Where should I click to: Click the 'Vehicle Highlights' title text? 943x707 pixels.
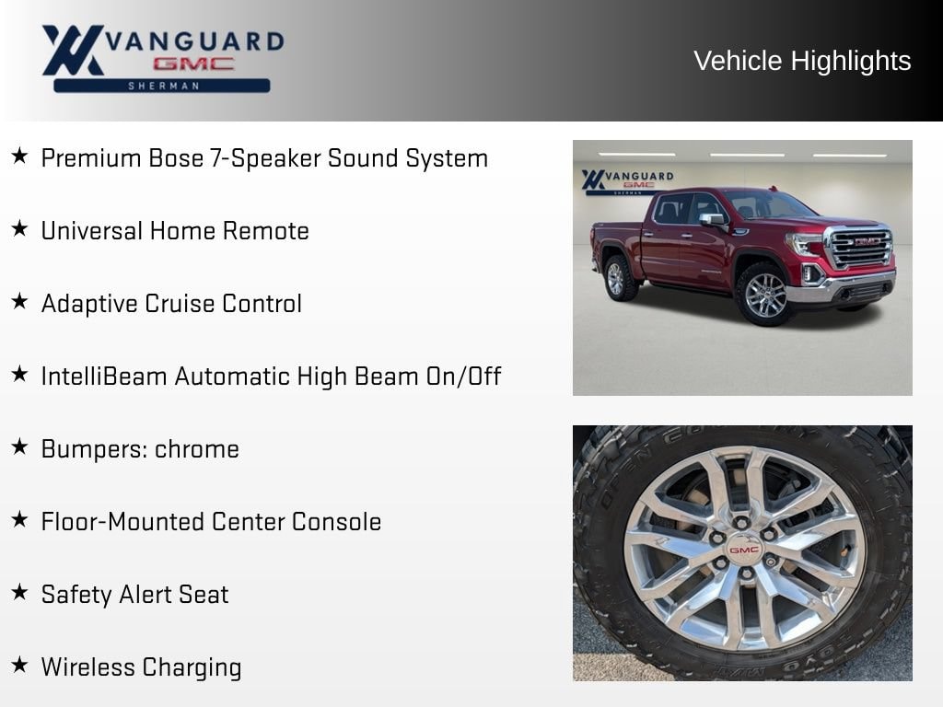pyautogui.click(x=802, y=62)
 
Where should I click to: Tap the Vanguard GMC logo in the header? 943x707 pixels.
pyautogui.click(x=163, y=58)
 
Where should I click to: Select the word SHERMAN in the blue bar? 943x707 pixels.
pyautogui.click(x=163, y=86)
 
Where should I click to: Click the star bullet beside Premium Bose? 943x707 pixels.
pyautogui.click(x=19, y=156)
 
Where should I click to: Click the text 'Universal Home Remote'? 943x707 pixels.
pyautogui.click(x=175, y=231)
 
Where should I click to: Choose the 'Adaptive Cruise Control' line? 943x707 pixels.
pyautogui.click(x=171, y=304)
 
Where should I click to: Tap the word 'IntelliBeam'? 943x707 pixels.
pyautogui.click(x=105, y=377)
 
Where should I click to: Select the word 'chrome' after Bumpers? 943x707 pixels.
pyautogui.click(x=197, y=449)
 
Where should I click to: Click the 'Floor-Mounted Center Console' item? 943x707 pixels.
pyautogui.click(x=211, y=522)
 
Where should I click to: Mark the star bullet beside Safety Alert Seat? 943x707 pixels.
pyautogui.click(x=19, y=592)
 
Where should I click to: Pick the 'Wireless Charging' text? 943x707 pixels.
pyautogui.click(x=141, y=667)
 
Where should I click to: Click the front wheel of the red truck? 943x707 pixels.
pyautogui.click(x=764, y=294)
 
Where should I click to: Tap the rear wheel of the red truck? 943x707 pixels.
pyautogui.click(x=618, y=278)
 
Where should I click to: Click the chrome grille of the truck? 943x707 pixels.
pyautogui.click(x=860, y=247)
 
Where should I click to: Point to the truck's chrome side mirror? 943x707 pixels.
pyautogui.click(x=712, y=219)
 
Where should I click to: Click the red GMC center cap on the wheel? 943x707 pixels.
pyautogui.click(x=744, y=550)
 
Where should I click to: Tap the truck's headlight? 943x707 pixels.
pyautogui.click(x=806, y=244)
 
